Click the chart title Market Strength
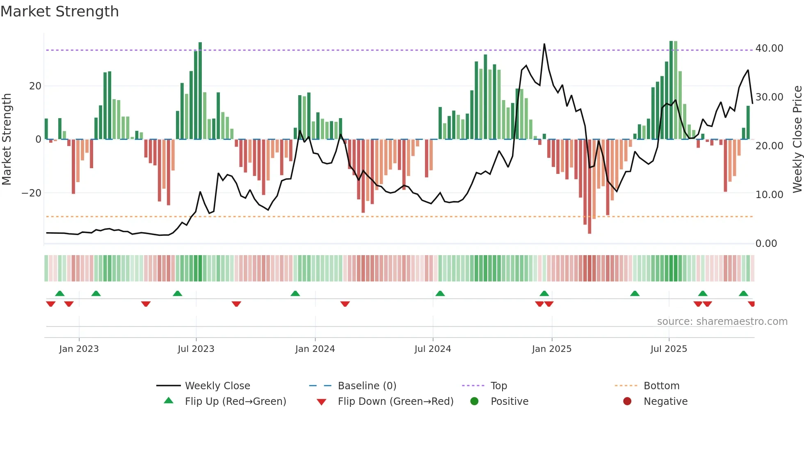click(x=59, y=11)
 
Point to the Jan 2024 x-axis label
click(x=315, y=349)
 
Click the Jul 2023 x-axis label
click(x=196, y=349)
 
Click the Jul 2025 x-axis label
click(x=668, y=349)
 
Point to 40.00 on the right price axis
click(x=769, y=48)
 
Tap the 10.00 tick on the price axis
click(x=769, y=195)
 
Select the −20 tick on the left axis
click(x=32, y=193)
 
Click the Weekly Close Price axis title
click(x=797, y=139)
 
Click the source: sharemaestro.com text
click(x=722, y=322)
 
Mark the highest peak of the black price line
click(x=544, y=44)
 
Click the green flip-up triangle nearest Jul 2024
click(x=440, y=293)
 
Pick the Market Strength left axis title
click(x=7, y=139)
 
